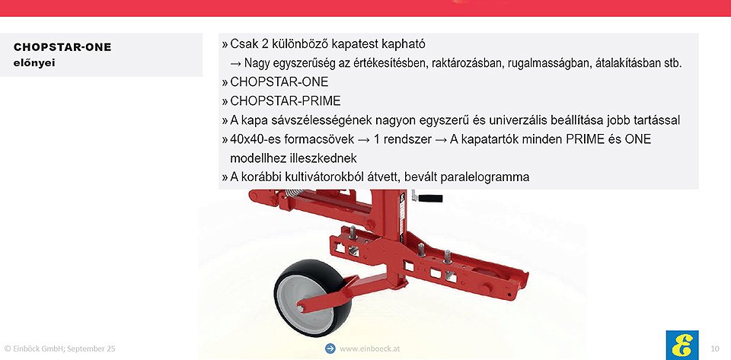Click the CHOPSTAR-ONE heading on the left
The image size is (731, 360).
(62, 47)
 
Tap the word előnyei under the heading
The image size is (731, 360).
(34, 63)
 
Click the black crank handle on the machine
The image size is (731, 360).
(430, 199)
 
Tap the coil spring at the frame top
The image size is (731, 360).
(294, 193)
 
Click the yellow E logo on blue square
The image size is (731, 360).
(682, 345)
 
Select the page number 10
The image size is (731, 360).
(715, 349)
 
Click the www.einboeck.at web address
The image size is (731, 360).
(370, 349)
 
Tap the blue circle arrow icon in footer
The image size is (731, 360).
(330, 349)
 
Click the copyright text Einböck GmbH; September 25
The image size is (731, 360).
(59, 349)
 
